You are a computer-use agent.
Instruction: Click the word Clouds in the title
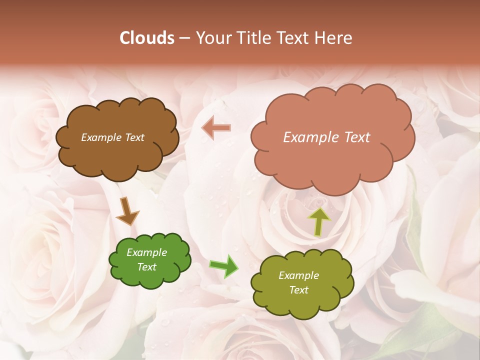(x=146, y=38)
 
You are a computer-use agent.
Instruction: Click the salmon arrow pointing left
(x=216, y=128)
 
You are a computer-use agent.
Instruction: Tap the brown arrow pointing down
(x=127, y=211)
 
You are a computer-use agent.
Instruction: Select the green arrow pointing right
(x=223, y=265)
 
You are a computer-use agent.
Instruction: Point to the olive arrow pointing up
(x=318, y=221)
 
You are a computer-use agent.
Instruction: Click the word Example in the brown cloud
(x=100, y=137)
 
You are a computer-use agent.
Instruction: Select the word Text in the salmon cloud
(x=356, y=137)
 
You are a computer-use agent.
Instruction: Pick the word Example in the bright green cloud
(x=146, y=252)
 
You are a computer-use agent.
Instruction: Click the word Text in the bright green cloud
(x=146, y=267)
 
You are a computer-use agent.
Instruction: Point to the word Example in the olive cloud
(x=298, y=275)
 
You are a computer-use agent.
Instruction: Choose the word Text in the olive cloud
(x=298, y=290)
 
